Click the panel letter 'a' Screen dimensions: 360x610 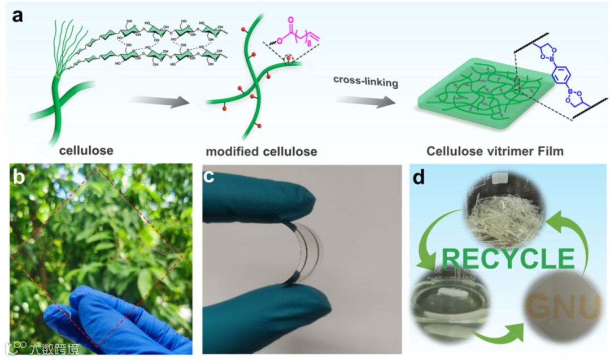point(18,15)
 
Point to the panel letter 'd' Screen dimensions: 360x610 point(420,178)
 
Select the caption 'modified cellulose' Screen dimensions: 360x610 point(261,151)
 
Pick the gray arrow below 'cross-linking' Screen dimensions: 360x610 point(364,103)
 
